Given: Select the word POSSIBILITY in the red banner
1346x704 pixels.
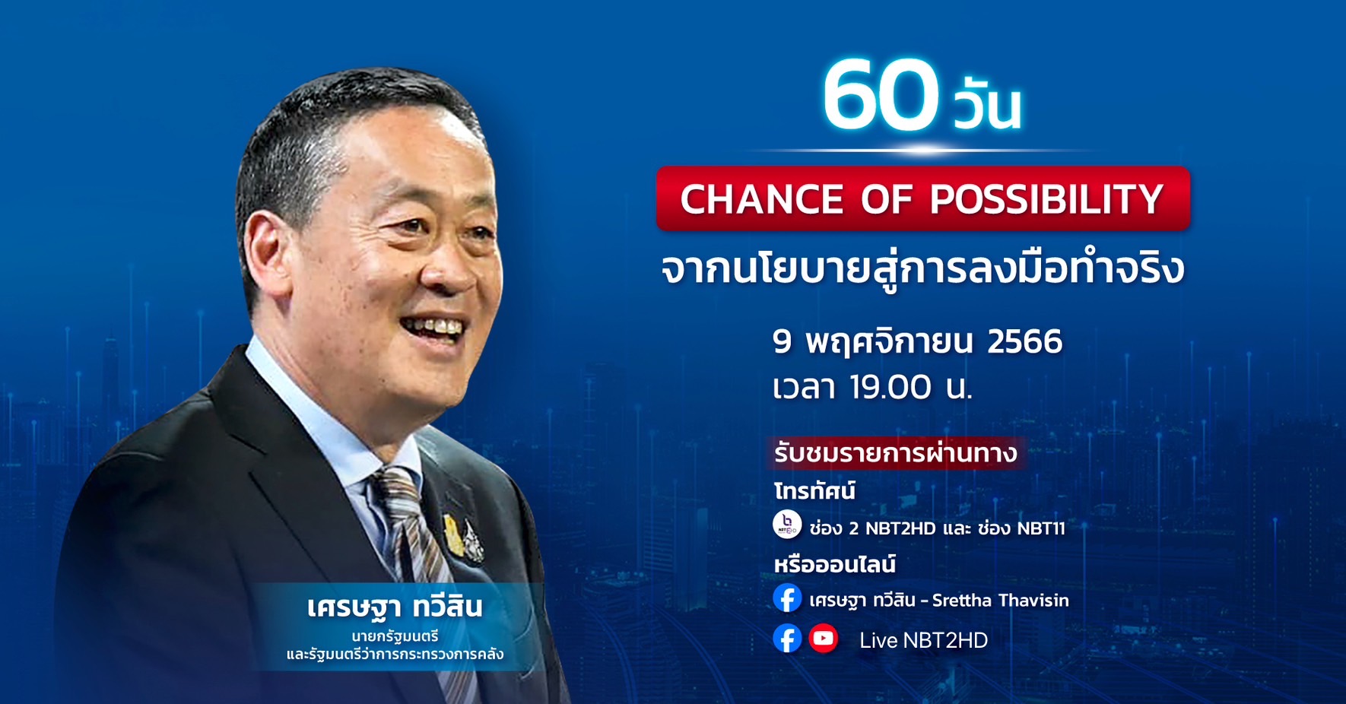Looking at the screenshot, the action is [1046, 199].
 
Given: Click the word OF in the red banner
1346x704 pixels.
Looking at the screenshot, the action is [887, 199].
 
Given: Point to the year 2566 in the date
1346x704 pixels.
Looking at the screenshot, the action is [1024, 341].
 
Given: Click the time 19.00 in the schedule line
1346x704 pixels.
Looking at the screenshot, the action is [890, 387].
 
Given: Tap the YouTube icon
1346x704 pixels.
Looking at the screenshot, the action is [823, 639].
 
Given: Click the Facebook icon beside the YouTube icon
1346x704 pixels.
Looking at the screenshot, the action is [787, 639].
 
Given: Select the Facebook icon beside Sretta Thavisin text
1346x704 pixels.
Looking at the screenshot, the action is [787, 598].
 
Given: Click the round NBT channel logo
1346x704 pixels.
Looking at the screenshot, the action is [787, 525].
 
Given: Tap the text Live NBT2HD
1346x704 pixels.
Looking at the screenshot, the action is [923, 641].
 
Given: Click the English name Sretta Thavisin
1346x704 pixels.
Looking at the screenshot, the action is [1001, 601].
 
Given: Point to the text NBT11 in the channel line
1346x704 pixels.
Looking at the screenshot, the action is [1041, 528].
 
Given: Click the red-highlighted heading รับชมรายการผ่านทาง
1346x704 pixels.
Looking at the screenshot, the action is [895, 453].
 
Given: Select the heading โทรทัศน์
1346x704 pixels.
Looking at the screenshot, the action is [814, 491].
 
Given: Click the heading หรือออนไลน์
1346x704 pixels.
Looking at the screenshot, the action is [834, 564].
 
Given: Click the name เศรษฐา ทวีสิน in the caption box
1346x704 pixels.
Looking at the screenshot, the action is [395, 607].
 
